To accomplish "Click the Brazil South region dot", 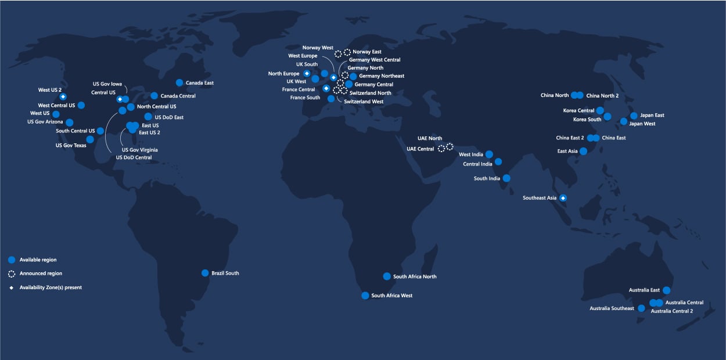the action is (x=205, y=273).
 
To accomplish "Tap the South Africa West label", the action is (x=391, y=296).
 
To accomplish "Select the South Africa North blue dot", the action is (x=387, y=276).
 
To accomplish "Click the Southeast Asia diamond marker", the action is (x=563, y=198).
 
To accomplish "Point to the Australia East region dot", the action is (x=667, y=290).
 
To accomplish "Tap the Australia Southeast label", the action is (x=612, y=308).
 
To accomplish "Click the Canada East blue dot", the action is (x=179, y=82).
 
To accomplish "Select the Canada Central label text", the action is (x=178, y=96).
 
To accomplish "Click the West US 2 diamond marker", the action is (x=63, y=96).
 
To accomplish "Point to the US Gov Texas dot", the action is (x=90, y=139).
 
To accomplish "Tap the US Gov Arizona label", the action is (x=45, y=122).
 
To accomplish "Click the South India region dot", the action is (x=506, y=178).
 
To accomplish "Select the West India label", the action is (x=470, y=154).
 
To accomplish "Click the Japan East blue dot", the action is (x=634, y=116).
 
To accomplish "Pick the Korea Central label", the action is (x=578, y=110).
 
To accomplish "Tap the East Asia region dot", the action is (x=584, y=151).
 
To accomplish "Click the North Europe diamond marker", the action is (x=307, y=74).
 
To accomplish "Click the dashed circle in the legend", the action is (x=12, y=273).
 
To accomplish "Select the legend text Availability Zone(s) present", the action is (x=51, y=287).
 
